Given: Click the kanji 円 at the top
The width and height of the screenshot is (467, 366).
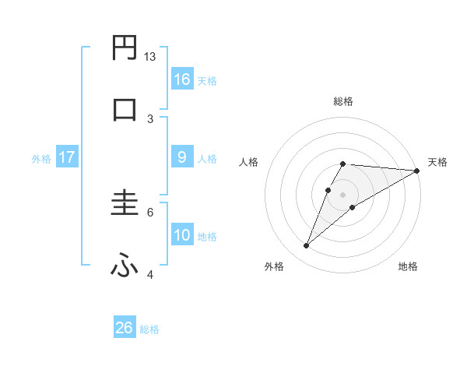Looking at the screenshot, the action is [125, 48].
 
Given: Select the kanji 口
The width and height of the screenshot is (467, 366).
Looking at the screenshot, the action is [125, 110].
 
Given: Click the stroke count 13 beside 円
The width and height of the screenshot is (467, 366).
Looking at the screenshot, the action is [150, 57].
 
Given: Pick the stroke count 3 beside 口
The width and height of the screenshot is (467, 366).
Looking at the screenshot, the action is [150, 118].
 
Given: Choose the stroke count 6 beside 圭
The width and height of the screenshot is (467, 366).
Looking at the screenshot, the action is [150, 211].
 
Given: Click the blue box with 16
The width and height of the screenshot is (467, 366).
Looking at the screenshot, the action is [182, 79].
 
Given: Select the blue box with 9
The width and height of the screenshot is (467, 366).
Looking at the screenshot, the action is [182, 157].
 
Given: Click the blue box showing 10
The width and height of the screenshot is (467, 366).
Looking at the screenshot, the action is [182, 235].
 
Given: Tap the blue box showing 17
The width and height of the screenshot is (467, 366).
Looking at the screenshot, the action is [66, 157].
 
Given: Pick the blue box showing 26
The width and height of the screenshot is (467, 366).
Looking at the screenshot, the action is [125, 328].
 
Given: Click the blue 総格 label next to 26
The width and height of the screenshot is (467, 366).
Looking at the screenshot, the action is [149, 329].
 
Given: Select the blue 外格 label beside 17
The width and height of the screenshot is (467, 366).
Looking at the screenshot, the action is [41, 159].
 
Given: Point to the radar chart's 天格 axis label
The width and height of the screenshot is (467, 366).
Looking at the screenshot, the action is [437, 162].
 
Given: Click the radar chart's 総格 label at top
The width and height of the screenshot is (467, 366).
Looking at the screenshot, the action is [342, 101].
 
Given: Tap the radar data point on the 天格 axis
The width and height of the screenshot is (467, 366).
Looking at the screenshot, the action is [418, 171].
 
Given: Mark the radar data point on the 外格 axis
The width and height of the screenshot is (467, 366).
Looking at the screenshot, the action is [307, 246].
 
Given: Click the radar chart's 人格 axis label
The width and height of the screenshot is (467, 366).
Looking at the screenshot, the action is [248, 162].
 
